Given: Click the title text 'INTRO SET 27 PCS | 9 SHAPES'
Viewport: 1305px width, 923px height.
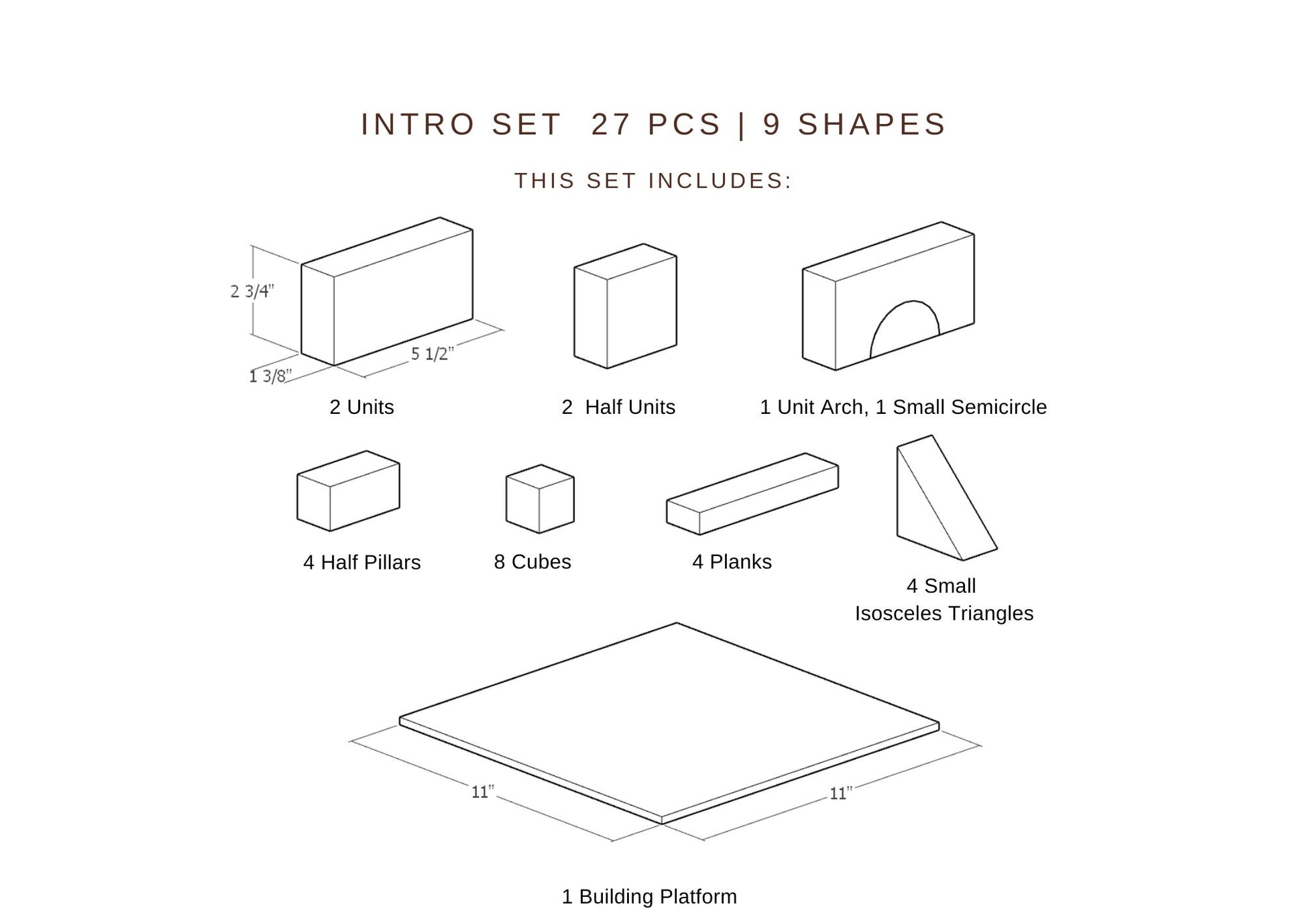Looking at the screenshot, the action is (653, 124).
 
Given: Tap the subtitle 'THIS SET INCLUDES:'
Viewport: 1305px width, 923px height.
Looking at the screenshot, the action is (653, 180).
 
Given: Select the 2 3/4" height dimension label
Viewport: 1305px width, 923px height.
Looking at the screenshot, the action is (252, 291).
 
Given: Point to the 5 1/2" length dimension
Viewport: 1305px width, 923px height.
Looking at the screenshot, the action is (432, 353).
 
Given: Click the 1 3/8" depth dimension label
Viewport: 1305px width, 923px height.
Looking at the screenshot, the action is (270, 376).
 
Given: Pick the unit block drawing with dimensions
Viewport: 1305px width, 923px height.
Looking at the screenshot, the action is (387, 291).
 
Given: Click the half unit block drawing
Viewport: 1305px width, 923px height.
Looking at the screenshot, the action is (625, 306).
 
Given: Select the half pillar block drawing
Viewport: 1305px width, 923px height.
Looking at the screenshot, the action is (348, 490).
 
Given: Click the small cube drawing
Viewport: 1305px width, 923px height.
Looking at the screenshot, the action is (540, 498).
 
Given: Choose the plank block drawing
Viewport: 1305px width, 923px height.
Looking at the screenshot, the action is (752, 494).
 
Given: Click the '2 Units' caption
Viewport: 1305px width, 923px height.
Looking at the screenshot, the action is (361, 407).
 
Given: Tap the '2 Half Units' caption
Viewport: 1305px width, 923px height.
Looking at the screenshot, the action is (618, 407).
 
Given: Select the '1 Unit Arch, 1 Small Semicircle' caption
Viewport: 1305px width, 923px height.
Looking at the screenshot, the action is (903, 407).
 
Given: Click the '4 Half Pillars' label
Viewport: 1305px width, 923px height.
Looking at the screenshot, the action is (361, 562).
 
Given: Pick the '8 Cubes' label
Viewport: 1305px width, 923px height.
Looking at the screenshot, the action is (532, 561).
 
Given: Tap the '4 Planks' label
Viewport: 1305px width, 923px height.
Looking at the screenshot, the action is (732, 561).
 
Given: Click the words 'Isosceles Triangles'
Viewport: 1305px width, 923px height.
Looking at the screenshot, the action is (944, 613).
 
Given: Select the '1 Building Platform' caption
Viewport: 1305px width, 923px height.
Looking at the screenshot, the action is (648, 896).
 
